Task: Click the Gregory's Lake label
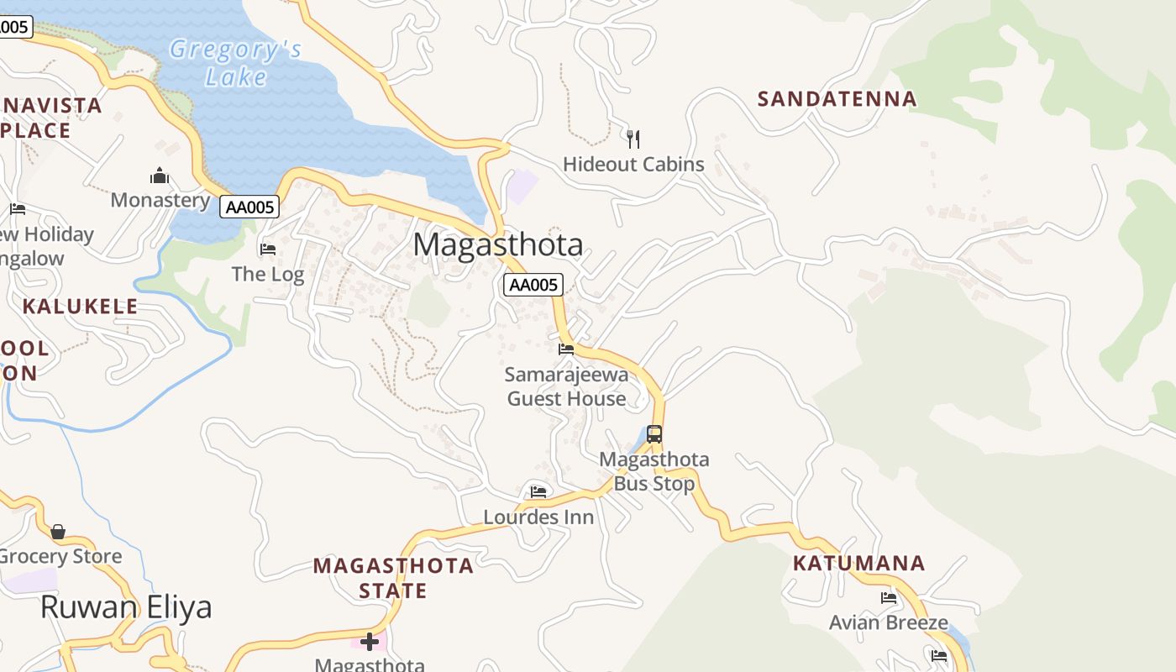[x=235, y=63]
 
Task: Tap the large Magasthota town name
[x=498, y=244]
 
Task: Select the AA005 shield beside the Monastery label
[x=249, y=207]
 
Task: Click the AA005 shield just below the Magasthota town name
[x=533, y=285]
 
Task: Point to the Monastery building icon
[x=160, y=176]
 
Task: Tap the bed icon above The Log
[x=268, y=249]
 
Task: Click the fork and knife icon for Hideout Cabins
[x=633, y=139]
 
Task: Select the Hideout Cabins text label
[x=633, y=164]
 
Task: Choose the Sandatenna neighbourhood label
[x=837, y=99]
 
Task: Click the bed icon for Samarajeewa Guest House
[x=566, y=349]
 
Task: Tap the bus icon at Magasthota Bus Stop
[x=654, y=434]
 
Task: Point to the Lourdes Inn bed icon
[x=538, y=491]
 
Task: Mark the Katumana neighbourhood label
[x=858, y=563]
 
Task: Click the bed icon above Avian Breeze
[x=889, y=598]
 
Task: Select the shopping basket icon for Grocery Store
[x=58, y=532]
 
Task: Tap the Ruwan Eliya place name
[x=126, y=607]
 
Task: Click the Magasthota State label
[x=393, y=578]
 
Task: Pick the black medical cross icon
[x=370, y=643]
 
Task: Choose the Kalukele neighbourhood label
[x=80, y=307]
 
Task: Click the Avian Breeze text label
[x=889, y=623]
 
